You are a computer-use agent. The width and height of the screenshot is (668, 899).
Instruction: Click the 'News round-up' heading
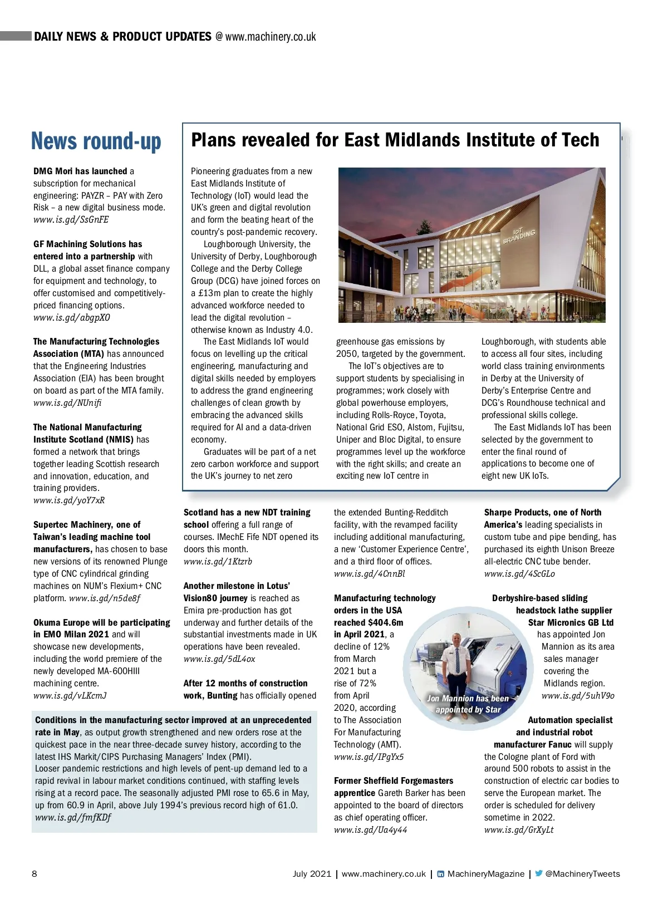click(x=96, y=141)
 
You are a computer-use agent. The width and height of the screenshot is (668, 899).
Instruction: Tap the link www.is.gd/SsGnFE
click(x=71, y=219)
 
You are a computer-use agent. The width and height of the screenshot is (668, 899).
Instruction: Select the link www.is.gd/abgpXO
click(x=71, y=317)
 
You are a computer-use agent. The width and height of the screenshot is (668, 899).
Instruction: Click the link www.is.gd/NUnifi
click(x=67, y=402)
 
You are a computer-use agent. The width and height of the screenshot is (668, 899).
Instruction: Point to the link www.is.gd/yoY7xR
click(x=69, y=500)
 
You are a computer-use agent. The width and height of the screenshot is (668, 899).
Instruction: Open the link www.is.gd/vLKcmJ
click(x=70, y=695)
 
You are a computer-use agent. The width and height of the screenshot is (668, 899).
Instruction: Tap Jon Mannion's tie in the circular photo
click(x=456, y=659)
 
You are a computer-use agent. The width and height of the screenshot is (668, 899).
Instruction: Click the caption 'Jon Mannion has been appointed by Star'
click(x=468, y=704)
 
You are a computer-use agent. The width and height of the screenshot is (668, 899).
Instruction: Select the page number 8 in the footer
click(x=35, y=873)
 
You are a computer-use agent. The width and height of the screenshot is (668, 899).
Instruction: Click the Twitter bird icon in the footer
click(x=538, y=873)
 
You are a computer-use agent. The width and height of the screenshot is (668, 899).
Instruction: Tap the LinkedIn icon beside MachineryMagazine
click(x=440, y=874)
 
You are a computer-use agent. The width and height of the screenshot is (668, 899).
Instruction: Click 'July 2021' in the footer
click(x=312, y=874)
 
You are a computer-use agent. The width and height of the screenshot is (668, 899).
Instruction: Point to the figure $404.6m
click(x=385, y=622)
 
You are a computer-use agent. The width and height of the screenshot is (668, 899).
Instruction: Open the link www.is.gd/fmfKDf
click(x=73, y=817)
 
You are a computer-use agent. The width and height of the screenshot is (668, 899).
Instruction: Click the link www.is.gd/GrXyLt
click(x=519, y=829)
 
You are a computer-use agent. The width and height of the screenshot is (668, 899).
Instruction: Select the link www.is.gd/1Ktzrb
click(x=218, y=561)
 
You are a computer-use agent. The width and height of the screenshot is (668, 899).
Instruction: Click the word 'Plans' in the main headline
click(x=213, y=140)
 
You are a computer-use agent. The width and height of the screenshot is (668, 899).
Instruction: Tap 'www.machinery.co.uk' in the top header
click(x=271, y=37)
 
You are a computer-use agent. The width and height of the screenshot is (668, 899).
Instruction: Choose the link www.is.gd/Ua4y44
click(x=370, y=829)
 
